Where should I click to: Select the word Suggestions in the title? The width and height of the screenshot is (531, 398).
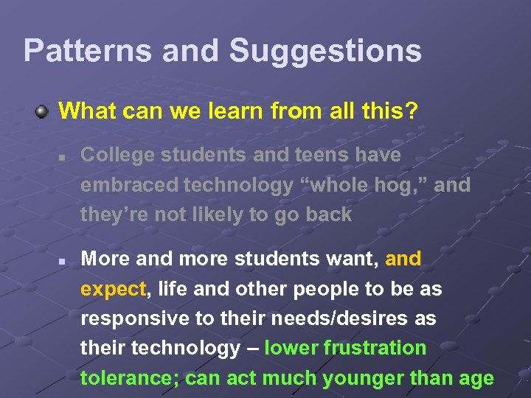click(325, 51)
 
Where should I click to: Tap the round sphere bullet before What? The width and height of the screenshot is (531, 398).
click(43, 112)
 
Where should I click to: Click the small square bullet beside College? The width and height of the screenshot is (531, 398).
click(64, 157)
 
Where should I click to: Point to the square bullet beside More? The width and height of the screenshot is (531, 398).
click(64, 261)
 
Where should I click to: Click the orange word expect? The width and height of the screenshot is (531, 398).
click(114, 289)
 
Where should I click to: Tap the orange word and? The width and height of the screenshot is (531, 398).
click(403, 259)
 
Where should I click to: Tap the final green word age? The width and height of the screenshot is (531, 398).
click(475, 378)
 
